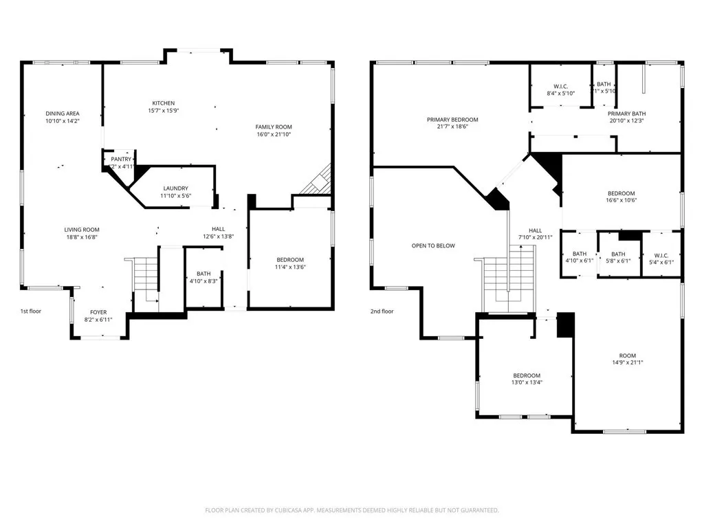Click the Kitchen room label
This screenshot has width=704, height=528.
point(163,104)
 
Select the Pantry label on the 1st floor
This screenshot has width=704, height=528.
point(121,159)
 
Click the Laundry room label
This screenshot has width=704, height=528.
point(175,188)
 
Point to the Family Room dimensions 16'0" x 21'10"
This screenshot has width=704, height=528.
point(274,134)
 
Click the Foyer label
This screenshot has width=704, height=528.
point(100,312)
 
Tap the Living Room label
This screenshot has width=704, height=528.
point(82,230)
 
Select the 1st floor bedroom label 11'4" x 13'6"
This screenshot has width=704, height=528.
point(289,260)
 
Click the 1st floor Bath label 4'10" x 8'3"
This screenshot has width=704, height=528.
point(203,273)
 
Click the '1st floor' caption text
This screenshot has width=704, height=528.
point(30,311)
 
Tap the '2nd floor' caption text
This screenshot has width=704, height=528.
point(382,311)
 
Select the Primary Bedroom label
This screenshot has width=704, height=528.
point(452,120)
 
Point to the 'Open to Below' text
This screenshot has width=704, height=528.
point(433,245)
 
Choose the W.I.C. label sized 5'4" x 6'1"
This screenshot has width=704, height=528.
point(661,258)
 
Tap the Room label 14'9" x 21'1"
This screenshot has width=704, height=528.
point(627,355)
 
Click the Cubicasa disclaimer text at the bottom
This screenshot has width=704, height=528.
point(352,510)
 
